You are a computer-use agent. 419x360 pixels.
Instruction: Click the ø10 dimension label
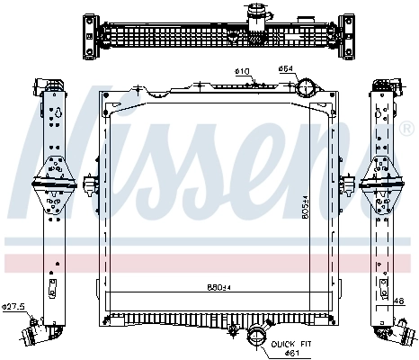coord(242,71)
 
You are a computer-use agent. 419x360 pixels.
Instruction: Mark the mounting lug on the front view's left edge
coord(89,186)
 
